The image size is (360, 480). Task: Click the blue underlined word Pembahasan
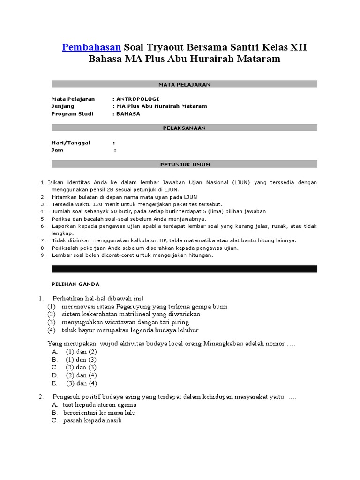pyautogui.click(x=92, y=47)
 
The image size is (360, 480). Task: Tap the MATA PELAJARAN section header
pyautogui.click(x=184, y=84)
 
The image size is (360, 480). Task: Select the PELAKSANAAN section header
pyautogui.click(x=184, y=127)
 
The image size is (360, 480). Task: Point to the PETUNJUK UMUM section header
pyautogui.click(x=184, y=165)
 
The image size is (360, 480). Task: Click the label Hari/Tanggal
pyautogui.click(x=70, y=142)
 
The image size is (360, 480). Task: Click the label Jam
pyautogui.click(x=57, y=150)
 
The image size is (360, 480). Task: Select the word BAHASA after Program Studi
pyautogui.click(x=128, y=113)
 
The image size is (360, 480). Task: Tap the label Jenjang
pyautogui.click(x=63, y=106)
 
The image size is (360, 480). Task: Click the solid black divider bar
pyautogui.click(x=184, y=269)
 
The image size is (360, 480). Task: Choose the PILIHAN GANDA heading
pyautogui.click(x=75, y=284)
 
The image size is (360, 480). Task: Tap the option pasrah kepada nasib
pyautogui.click(x=92, y=420)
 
